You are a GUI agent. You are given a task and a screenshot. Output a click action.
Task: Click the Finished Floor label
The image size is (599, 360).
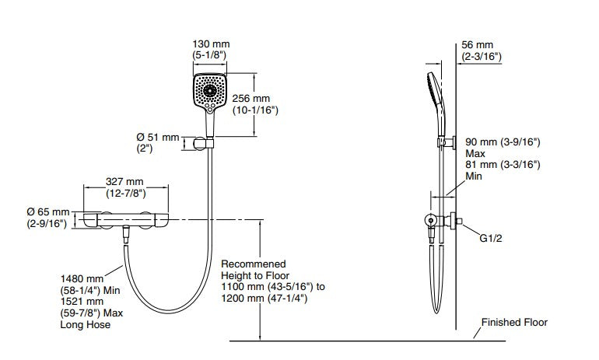[514, 322]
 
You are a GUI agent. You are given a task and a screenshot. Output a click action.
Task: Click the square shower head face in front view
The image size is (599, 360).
[210, 91]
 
